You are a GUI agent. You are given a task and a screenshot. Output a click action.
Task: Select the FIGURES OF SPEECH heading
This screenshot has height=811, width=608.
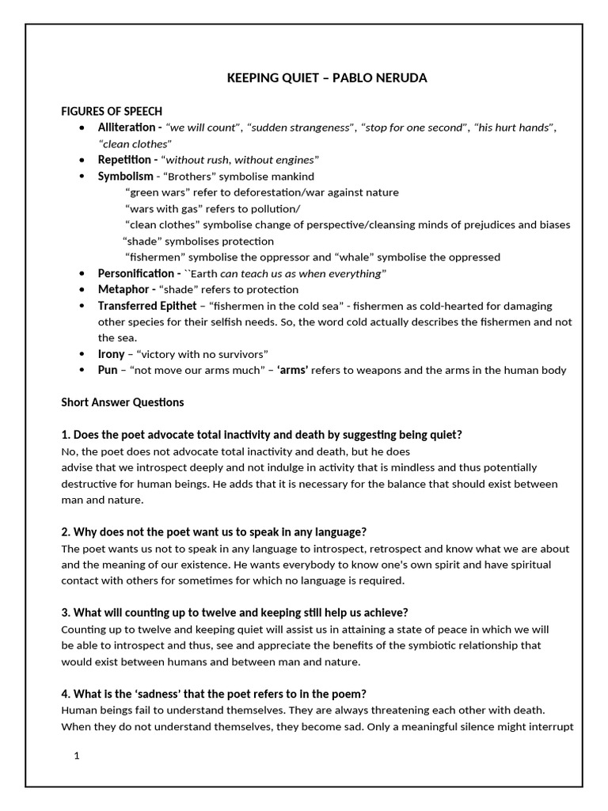click(112, 111)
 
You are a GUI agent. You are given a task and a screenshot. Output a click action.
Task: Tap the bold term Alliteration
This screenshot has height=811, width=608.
click(127, 128)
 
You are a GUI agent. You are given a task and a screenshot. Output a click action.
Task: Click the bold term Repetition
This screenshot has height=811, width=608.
click(125, 160)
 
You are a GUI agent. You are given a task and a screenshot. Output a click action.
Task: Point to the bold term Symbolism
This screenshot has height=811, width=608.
click(125, 176)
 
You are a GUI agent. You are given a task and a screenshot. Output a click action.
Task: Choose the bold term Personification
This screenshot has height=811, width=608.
click(135, 273)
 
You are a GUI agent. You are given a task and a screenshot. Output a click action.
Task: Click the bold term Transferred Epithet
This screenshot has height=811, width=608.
click(147, 306)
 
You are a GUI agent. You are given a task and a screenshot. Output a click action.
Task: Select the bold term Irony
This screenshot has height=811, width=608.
click(112, 354)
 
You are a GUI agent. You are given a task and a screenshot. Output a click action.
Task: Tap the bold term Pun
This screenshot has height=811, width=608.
click(108, 370)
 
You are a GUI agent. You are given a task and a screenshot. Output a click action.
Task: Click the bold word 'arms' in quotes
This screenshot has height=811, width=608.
click(292, 370)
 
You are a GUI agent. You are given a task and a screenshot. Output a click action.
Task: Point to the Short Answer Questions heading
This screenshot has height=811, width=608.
click(123, 402)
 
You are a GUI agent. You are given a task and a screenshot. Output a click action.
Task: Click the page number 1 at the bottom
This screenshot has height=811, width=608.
click(77, 756)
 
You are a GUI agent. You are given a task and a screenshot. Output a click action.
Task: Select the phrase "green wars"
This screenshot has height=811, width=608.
click(157, 192)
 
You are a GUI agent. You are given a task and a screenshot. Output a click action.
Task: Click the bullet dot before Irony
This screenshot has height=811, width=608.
click(84, 354)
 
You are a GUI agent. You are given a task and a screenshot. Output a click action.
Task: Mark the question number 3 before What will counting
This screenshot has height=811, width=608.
click(65, 612)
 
